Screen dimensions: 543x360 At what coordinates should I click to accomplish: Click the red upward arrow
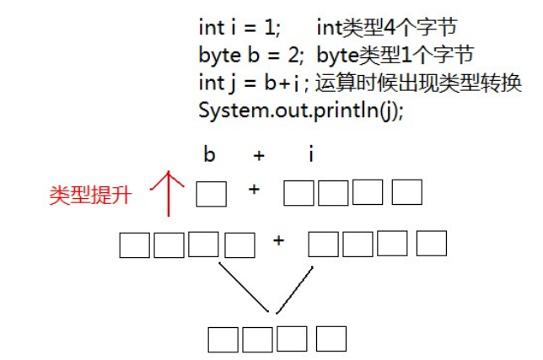171,192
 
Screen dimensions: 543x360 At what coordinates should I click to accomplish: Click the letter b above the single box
209,156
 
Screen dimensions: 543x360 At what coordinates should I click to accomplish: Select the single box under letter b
211,194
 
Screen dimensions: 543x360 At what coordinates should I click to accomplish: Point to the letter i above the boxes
311,156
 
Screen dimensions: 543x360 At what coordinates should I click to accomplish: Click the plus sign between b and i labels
259,156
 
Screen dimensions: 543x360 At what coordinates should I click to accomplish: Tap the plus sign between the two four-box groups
279,242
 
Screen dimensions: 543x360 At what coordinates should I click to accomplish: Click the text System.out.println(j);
301,110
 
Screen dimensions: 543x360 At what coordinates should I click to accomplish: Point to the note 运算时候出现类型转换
419,83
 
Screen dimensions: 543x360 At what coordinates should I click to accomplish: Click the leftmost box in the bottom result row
223,339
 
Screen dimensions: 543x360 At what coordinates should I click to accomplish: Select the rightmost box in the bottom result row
331,338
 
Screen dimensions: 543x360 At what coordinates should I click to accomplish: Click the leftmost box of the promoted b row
134,244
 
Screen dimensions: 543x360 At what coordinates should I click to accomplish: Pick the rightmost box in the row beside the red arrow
407,193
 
